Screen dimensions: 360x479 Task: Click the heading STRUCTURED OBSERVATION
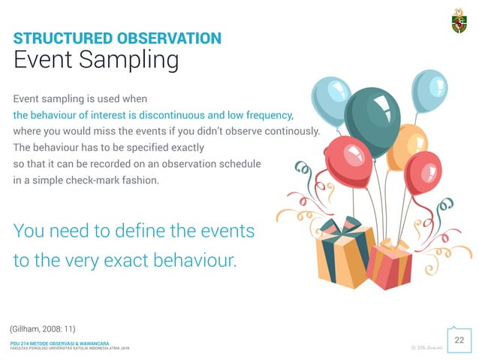tap(117, 38)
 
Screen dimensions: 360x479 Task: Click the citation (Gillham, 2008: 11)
tap(43, 329)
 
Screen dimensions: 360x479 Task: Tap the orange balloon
tap(406, 147)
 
